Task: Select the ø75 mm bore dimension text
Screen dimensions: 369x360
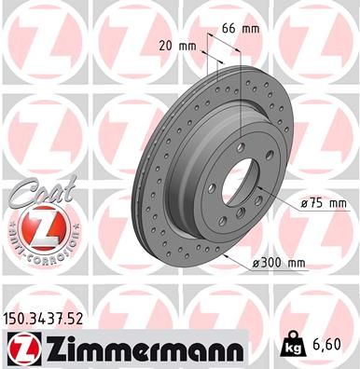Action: coord(324,203)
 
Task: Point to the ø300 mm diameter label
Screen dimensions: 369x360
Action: coord(280,264)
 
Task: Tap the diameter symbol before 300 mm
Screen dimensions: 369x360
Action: coord(256,264)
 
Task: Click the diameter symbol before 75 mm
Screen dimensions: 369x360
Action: coord(304,203)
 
